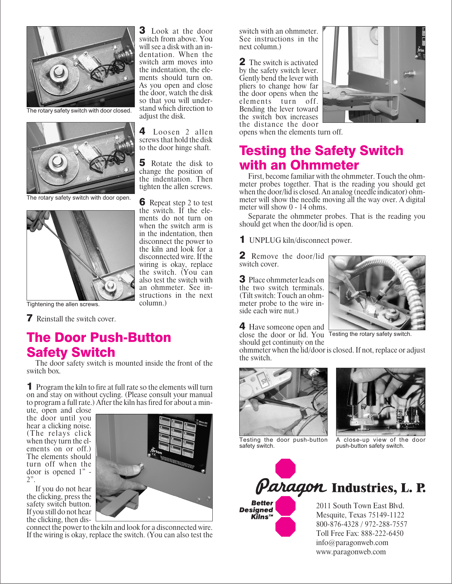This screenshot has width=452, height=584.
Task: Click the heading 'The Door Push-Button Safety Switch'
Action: (99, 345)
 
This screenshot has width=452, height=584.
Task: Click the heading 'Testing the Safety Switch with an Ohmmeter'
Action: (321, 158)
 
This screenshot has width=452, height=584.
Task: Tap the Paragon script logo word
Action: (291, 487)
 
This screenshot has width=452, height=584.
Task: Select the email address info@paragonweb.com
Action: (352, 543)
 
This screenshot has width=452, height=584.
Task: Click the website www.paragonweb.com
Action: (351, 552)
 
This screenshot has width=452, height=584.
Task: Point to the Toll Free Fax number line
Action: (359, 533)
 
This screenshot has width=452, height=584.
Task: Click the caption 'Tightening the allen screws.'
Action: (63, 304)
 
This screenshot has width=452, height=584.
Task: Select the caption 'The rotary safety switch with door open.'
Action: (79, 198)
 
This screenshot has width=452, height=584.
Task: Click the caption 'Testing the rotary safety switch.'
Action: (370, 334)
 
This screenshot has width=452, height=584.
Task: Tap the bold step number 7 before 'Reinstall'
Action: (30, 318)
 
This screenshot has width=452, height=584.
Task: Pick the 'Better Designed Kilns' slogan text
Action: (257, 510)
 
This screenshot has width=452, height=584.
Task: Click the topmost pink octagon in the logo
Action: (285, 469)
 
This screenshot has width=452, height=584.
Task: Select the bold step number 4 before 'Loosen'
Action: (142, 131)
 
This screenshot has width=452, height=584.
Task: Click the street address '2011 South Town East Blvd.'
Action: (360, 506)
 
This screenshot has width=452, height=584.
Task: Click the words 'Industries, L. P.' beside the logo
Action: (378, 488)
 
